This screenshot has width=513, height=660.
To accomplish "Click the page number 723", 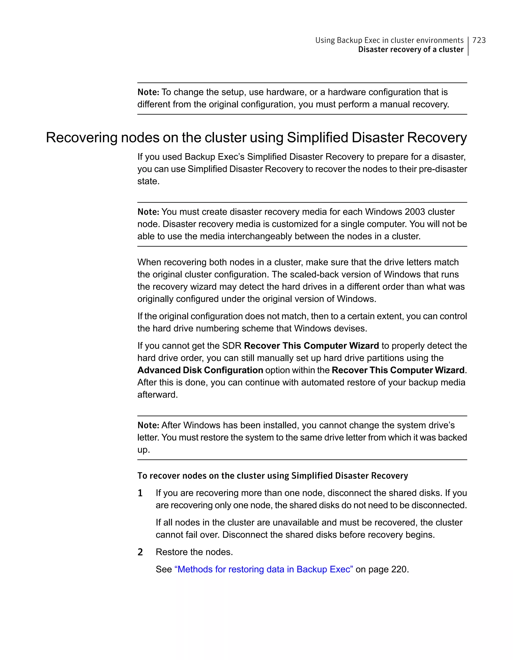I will point(479,40).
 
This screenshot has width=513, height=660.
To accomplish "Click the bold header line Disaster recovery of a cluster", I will point(410,50).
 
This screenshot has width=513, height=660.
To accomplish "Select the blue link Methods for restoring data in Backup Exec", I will point(264,569).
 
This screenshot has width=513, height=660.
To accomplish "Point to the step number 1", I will point(140,493).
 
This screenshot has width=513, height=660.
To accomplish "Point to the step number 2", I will point(140,552).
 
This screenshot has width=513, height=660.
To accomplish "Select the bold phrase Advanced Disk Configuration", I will point(200,370).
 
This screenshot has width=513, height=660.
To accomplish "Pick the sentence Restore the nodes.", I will point(194,552).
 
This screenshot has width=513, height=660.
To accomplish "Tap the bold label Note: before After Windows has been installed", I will point(148,425).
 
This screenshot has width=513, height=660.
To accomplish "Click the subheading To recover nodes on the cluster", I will point(272,476).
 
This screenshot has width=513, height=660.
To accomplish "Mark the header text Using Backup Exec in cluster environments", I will point(389,40).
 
